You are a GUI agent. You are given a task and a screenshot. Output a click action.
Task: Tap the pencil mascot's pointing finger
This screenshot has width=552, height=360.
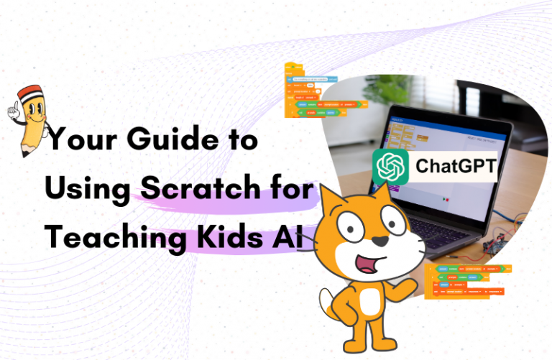(14, 108)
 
